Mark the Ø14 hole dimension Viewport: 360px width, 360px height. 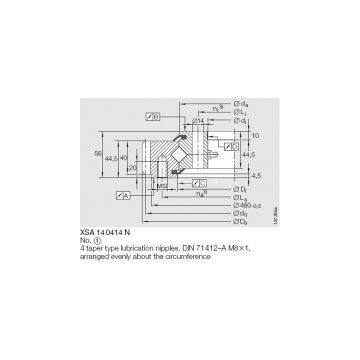(x=199, y=120)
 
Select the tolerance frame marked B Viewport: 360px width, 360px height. (x=155, y=116)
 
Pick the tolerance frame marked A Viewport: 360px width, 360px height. (x=200, y=183)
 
